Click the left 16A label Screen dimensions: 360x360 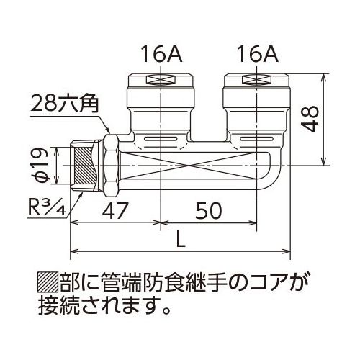tap(161, 55)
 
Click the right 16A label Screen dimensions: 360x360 tap(258, 55)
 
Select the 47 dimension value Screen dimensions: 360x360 tap(114, 210)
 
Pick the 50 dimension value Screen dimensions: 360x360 tap(209, 210)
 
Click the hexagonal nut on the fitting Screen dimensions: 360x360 tap(111, 166)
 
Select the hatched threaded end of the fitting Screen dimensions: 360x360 tap(86, 166)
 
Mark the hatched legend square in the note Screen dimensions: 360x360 tap(48, 282)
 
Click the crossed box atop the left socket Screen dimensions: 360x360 tap(161, 80)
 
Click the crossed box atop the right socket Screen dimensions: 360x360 tap(257, 80)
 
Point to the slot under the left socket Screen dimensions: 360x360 tap(161, 139)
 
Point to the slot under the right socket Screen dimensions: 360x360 tap(256, 139)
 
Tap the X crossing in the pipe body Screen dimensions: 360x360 tap(188, 166)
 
